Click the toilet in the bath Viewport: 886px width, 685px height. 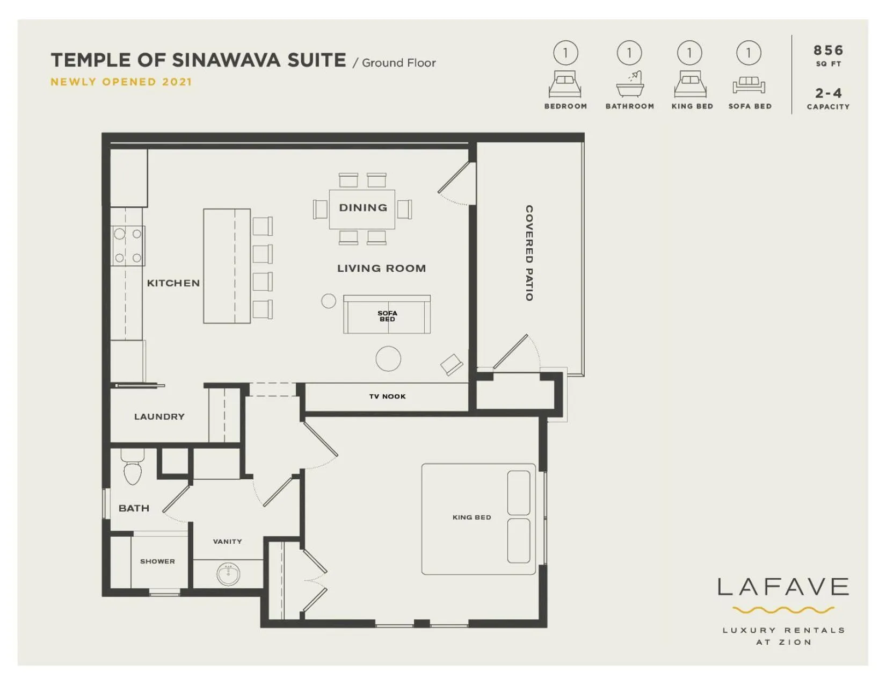(x=132, y=470)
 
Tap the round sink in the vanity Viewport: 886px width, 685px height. (x=228, y=574)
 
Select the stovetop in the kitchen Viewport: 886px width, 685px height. (x=128, y=246)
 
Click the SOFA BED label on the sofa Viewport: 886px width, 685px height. (x=387, y=316)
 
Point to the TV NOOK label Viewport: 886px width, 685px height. (x=387, y=396)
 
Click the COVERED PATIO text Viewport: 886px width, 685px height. (x=529, y=253)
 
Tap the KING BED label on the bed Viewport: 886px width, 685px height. (x=471, y=517)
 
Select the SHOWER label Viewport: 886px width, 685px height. (x=157, y=561)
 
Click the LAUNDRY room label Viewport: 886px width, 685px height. (x=159, y=416)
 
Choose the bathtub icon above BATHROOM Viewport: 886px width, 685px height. (x=630, y=84)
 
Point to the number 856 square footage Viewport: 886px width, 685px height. (x=828, y=51)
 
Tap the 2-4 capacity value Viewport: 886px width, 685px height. (x=828, y=93)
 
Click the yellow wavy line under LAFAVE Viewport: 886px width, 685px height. (x=783, y=610)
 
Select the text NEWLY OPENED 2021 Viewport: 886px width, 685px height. (x=121, y=82)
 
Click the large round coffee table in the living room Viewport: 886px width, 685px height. (x=388, y=359)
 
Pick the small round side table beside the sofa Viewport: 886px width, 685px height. (x=329, y=301)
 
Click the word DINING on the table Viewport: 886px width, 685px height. (x=363, y=208)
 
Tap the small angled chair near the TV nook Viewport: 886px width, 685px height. (x=452, y=365)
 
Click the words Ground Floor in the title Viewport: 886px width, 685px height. (x=398, y=63)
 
